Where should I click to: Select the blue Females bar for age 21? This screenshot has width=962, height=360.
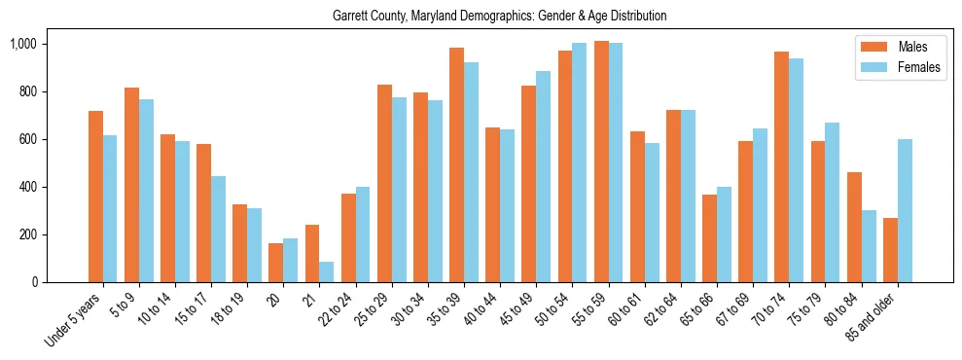click(326, 271)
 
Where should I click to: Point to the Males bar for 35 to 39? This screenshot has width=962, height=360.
click(456, 164)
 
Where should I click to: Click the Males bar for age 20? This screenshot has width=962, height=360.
click(276, 263)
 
